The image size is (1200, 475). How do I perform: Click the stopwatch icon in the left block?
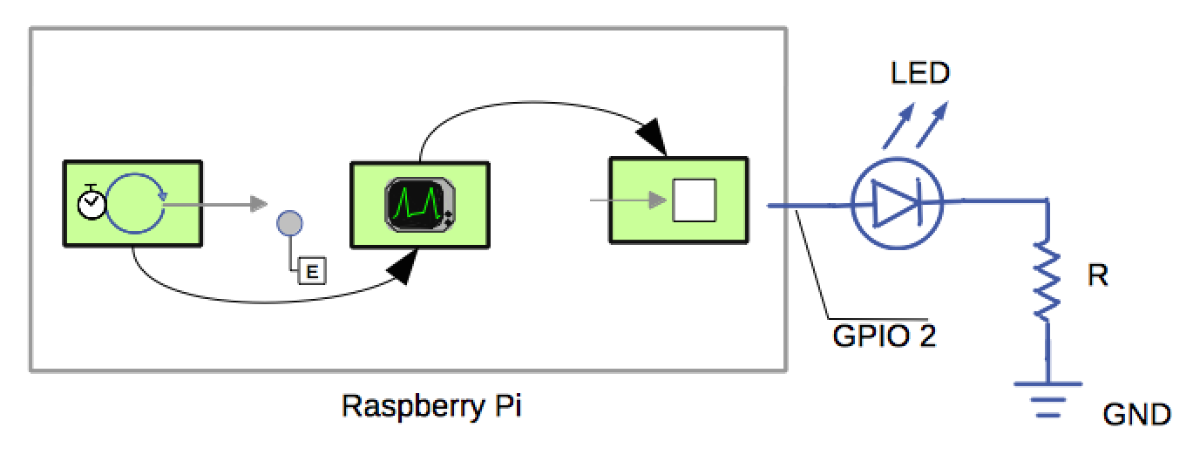(91, 201)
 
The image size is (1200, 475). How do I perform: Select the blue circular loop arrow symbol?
(135, 202)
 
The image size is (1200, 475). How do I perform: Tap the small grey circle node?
(289, 224)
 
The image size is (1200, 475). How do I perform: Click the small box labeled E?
(311, 272)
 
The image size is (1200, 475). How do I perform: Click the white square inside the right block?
(694, 201)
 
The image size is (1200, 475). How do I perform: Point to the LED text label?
(919, 73)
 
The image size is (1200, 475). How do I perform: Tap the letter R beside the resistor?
(1098, 277)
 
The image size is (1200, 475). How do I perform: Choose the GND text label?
(1136, 414)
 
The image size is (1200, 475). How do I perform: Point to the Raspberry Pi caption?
(431, 406)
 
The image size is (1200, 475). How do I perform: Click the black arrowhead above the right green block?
(652, 139)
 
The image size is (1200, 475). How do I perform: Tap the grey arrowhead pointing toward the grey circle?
(257, 204)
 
